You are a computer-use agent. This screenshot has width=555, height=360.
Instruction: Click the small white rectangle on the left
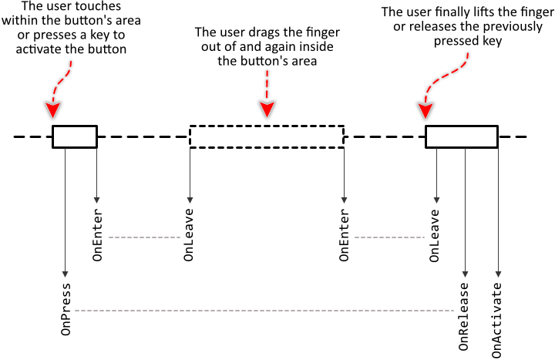[x=75, y=136]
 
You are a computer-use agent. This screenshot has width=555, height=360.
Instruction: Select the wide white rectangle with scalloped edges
[x=267, y=136]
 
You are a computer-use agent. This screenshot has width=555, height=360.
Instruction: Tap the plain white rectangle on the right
[x=462, y=136]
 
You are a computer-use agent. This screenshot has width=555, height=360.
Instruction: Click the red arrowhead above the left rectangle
[x=52, y=109]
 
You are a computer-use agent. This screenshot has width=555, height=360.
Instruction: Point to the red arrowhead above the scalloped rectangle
[x=267, y=109]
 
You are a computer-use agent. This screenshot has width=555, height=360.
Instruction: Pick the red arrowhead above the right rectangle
[x=425, y=110]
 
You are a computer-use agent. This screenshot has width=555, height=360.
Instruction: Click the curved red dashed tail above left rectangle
[x=62, y=79]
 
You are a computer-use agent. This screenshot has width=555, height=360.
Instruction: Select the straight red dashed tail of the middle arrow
[x=267, y=84]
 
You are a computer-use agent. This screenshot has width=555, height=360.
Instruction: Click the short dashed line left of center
[x=144, y=237]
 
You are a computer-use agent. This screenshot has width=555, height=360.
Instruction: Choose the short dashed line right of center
[x=389, y=237]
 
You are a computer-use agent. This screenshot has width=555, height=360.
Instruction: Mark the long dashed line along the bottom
[x=264, y=311]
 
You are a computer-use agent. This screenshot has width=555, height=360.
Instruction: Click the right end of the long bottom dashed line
[x=453, y=311]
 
